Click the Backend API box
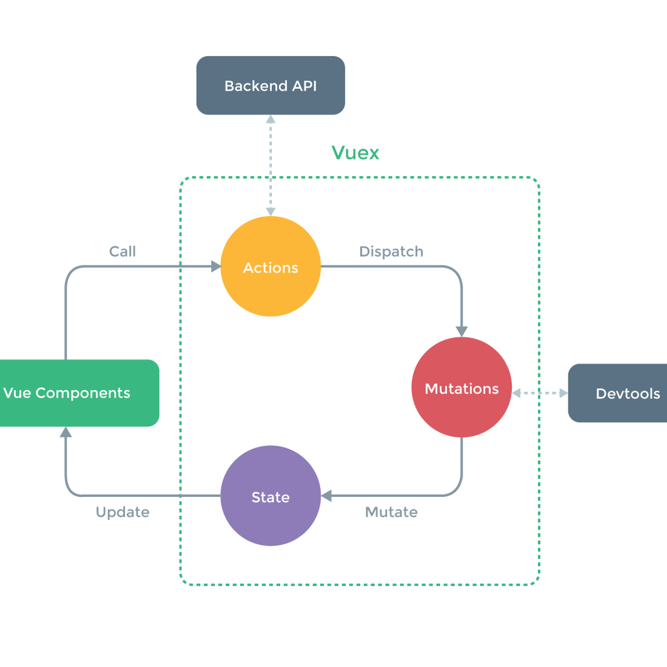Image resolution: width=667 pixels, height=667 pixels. point(271,85)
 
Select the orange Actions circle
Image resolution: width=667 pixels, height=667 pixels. point(271,267)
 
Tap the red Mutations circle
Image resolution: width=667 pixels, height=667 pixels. point(461,387)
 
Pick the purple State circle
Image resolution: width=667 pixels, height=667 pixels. point(271,496)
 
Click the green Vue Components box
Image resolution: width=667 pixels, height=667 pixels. point(78,393)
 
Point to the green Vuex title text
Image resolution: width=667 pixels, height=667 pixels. point(355,153)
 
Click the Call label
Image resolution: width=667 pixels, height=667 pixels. point(122,251)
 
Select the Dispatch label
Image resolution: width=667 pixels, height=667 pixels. point(391,251)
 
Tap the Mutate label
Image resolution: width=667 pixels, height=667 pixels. point(391,512)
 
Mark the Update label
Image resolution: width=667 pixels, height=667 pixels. point(122,512)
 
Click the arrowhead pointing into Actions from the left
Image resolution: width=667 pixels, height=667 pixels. point(216,267)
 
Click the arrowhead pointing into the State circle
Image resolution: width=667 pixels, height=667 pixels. point(326,496)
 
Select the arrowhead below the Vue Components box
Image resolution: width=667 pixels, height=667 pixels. point(66,432)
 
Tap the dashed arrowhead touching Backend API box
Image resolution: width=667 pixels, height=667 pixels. point(271,119)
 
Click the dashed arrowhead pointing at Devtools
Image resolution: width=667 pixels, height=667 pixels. point(564,393)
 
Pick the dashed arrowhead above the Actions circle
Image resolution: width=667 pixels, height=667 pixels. point(271,212)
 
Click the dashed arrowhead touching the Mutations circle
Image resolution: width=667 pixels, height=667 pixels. point(516,393)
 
